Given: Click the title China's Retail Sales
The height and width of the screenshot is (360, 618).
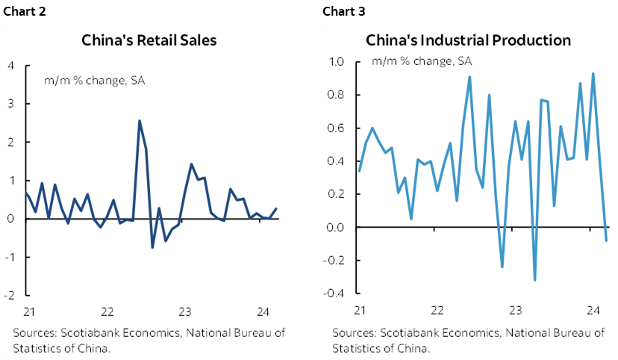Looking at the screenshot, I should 149,40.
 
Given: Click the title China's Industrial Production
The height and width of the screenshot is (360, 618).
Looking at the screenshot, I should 468,40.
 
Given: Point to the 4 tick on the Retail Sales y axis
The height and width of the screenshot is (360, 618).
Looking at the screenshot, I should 11,65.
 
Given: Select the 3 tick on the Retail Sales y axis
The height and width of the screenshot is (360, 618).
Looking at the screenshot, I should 11,103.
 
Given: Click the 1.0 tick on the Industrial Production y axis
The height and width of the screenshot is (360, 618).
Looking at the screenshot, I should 340,62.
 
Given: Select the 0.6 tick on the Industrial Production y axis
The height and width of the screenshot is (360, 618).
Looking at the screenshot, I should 340,128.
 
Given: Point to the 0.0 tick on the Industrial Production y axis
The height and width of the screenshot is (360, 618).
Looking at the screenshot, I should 340,227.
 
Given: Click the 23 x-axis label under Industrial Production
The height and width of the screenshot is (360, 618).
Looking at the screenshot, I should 514,309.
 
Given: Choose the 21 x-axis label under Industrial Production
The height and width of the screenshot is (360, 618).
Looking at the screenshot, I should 359,309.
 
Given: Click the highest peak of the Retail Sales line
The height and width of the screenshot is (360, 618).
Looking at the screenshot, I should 140,121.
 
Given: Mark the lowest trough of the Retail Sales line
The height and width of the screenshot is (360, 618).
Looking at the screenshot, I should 152,247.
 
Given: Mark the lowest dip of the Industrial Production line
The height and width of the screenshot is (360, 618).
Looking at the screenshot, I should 534,280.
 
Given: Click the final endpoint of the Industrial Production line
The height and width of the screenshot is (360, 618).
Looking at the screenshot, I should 606,240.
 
